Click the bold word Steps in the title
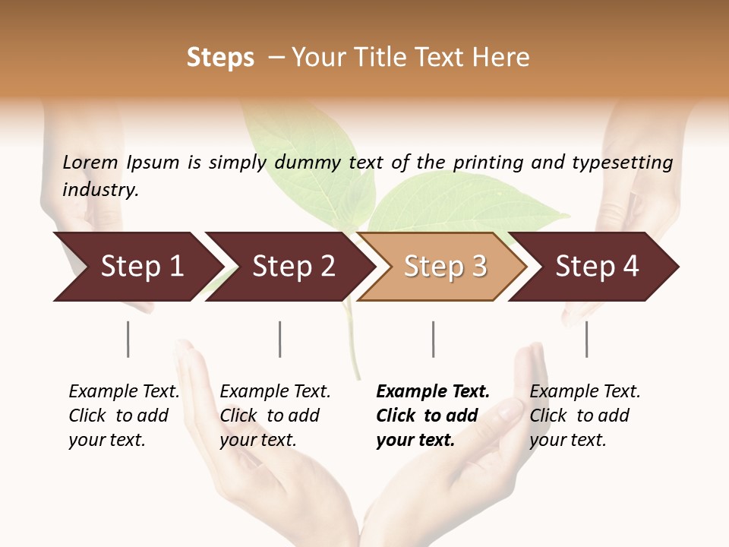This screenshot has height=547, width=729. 220,58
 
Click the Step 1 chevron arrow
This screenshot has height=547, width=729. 137,267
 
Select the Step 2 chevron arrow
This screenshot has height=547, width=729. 289,267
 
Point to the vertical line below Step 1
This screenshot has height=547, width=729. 128,339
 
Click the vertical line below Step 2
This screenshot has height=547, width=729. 279,339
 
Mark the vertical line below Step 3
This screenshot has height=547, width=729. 433,339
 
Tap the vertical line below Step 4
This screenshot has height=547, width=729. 586,339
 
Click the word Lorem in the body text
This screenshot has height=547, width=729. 90,162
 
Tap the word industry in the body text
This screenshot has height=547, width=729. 100,190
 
